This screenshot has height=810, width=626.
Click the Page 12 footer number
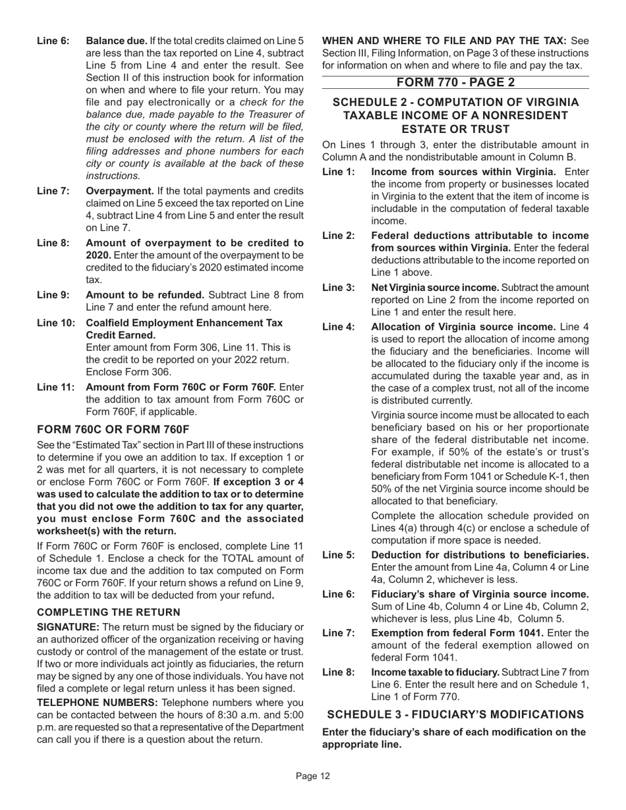pos(312,776)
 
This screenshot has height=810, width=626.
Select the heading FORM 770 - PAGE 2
pos(455,82)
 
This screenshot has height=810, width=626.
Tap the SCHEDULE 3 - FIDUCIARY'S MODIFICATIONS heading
pos(455,714)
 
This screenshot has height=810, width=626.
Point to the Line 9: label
pos(53,294)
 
